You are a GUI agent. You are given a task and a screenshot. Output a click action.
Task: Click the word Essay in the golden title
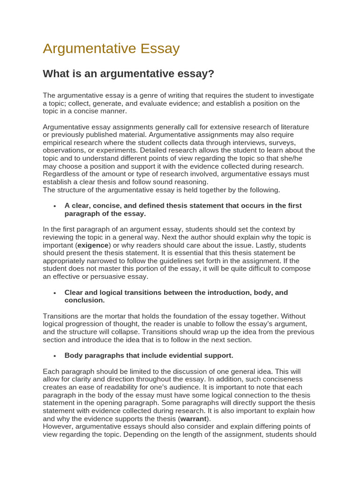tap(158, 49)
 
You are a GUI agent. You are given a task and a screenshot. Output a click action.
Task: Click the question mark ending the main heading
tap(211, 74)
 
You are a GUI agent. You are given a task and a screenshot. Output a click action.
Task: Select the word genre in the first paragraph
tap(163, 96)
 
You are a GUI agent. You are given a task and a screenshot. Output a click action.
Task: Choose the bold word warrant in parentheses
tap(194, 418)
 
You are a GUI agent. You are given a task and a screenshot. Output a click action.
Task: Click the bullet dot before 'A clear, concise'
tap(55, 206)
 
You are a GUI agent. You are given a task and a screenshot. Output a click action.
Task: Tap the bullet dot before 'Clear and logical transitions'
tap(55, 292)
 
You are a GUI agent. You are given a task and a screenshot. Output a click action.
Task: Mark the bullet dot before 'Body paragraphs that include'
tap(55, 356)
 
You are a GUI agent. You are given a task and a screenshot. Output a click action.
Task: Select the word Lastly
tap(254, 245)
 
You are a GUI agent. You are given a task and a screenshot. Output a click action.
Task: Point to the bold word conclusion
tap(84, 300)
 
